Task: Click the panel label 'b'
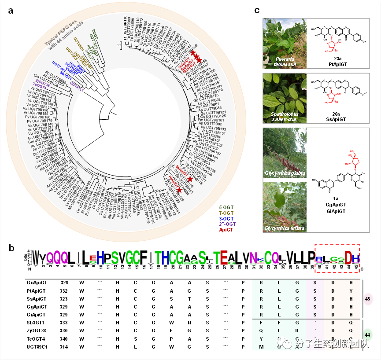click(x=12, y=248)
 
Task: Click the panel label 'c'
click(x=257, y=10)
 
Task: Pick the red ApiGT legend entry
click(x=227, y=229)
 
